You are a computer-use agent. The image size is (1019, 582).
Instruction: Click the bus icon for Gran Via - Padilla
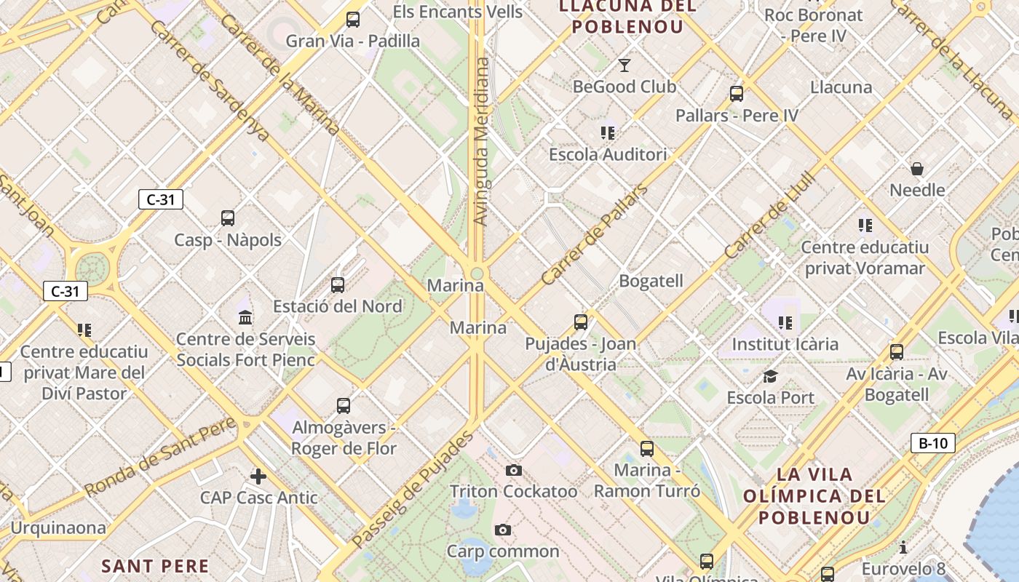click(353, 20)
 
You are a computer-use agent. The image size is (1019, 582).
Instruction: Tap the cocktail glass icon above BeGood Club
click(624, 66)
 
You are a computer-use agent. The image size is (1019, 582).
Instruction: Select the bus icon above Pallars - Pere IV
click(737, 94)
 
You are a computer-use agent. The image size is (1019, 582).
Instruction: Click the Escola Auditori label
click(608, 154)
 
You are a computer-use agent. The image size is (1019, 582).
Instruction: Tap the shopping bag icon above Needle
click(917, 169)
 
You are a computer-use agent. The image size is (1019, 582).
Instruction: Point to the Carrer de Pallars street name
click(594, 236)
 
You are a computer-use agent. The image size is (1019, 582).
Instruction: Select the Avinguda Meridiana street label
click(481, 142)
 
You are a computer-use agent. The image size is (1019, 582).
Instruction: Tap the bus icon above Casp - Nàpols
click(228, 218)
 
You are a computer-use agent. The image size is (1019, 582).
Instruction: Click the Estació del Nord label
click(338, 306)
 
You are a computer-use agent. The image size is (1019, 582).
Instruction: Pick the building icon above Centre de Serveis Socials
click(245, 318)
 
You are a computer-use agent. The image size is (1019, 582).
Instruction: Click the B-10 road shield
click(932, 443)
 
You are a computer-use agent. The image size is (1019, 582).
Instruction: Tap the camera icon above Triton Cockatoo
click(514, 470)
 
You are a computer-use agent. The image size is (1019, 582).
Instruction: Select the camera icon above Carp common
click(502, 530)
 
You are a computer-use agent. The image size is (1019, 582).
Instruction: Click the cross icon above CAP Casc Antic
click(258, 477)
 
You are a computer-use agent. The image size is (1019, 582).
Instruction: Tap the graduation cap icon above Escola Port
click(770, 376)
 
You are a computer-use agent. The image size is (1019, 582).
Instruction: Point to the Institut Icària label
click(785, 343)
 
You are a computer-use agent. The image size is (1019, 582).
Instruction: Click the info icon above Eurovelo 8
click(903, 547)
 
